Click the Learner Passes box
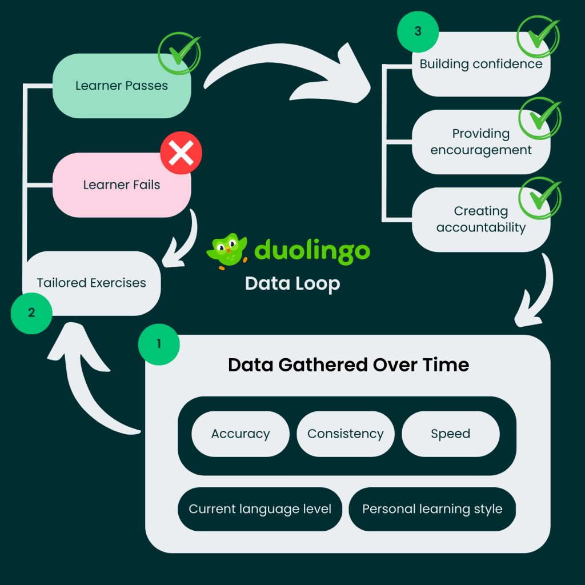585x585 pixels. click(x=122, y=86)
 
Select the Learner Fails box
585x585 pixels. click(x=122, y=185)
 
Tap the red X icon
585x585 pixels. click(x=181, y=153)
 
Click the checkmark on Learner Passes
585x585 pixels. click(x=180, y=53)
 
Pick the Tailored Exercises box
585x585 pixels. click(x=91, y=283)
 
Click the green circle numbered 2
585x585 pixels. click(x=31, y=312)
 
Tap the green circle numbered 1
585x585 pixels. click(x=159, y=344)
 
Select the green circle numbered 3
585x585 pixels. click(x=418, y=31)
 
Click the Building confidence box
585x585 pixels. click(x=481, y=64)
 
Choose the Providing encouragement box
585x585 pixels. click(x=481, y=142)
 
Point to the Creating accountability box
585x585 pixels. click(x=481, y=219)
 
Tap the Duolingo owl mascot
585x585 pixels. click(x=227, y=250)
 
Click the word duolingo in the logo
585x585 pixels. click(x=312, y=250)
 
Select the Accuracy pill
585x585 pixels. click(x=241, y=434)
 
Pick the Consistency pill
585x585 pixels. click(x=346, y=434)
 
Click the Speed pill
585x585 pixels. click(x=451, y=434)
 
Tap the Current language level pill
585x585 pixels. click(x=260, y=509)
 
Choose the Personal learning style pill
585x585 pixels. click(x=432, y=509)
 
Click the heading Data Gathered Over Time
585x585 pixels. click(x=348, y=365)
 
